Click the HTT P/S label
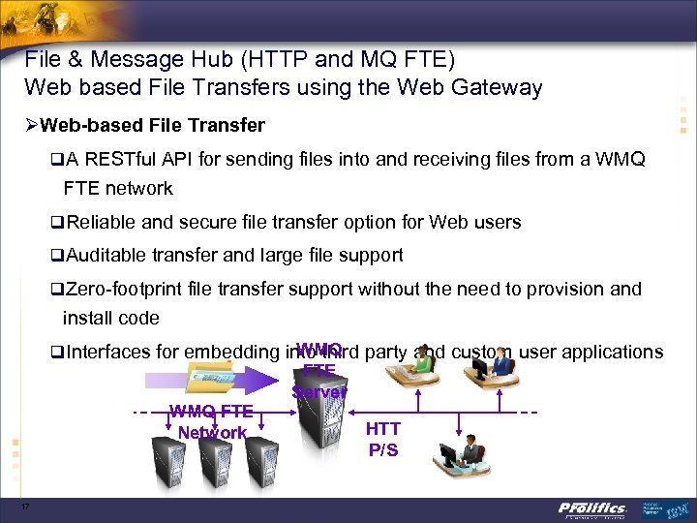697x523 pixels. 382,439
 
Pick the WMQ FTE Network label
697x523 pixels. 211,422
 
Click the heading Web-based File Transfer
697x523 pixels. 160,125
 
